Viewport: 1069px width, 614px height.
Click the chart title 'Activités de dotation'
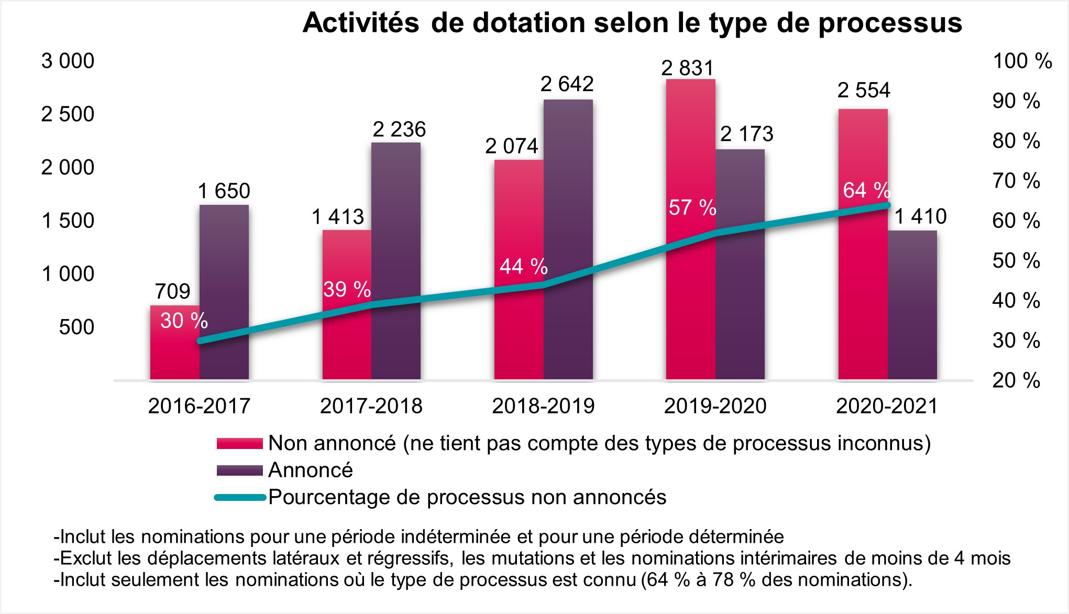632,23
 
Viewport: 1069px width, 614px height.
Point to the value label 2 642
567,84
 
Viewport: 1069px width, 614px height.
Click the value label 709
173,291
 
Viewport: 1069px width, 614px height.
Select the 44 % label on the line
523,267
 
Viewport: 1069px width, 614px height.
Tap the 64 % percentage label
866,190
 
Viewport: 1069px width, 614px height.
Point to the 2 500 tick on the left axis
68,114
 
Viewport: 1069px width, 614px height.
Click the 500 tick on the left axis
76,327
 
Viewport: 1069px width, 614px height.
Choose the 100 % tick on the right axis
1022,61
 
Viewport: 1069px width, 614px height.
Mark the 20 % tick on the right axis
1016,380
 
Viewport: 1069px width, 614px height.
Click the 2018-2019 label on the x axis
543,406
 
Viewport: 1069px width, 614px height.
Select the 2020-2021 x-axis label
887,406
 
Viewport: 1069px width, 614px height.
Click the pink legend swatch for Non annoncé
239,444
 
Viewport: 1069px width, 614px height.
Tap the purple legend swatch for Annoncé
239,470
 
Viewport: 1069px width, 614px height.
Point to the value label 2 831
687,68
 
